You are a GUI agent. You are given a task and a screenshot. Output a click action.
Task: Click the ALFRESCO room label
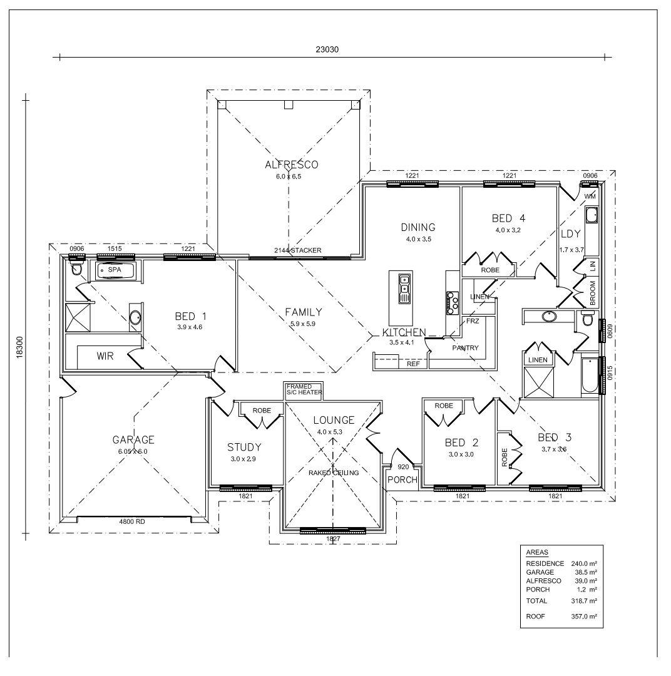tap(291, 165)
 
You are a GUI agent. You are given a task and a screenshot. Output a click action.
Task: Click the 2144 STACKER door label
tap(298, 251)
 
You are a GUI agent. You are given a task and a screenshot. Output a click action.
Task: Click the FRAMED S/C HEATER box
tap(304, 391)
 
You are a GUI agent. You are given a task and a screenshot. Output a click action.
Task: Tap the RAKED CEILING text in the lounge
tap(333, 473)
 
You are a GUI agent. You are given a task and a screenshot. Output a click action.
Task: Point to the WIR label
tap(105, 356)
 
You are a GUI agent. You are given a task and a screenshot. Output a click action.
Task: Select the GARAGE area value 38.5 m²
tap(586, 572)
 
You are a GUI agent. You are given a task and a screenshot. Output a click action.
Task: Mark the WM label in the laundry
tap(590, 197)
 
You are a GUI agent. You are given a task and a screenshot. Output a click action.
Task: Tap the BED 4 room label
tap(508, 218)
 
